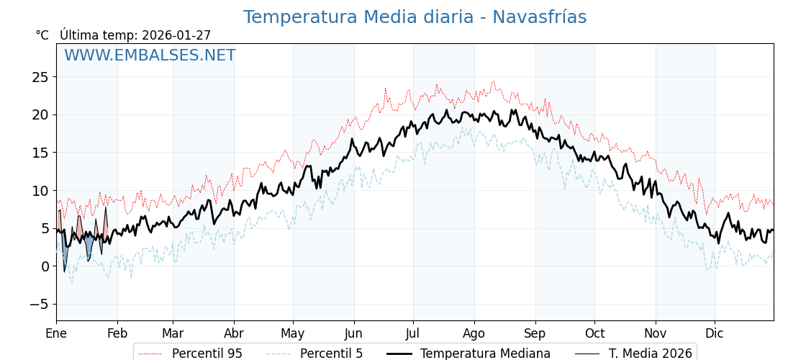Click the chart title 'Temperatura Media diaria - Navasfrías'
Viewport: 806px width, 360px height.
pyautogui.click(x=415, y=17)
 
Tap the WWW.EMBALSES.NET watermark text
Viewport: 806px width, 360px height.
pyautogui.click(x=150, y=55)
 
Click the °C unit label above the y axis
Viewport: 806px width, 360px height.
pyautogui.click(x=42, y=35)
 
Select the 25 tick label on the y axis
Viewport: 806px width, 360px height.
pyautogui.click(x=40, y=77)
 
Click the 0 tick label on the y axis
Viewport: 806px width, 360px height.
pyautogui.click(x=45, y=266)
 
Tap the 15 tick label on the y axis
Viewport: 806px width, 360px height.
pyautogui.click(x=40, y=153)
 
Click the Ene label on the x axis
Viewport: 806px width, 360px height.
pyautogui.click(x=56, y=333)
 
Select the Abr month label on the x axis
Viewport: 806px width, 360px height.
pyautogui.click(x=234, y=333)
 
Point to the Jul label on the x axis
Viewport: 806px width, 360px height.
pyautogui.click(x=413, y=333)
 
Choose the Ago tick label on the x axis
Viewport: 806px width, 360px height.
pyautogui.click(x=474, y=333)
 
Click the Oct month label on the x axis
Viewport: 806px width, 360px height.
pyautogui.click(x=594, y=333)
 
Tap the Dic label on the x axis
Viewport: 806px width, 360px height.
pyautogui.click(x=715, y=333)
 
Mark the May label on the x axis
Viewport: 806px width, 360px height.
pyautogui.click(x=293, y=333)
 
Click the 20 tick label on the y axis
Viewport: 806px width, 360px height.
pyautogui.click(x=40, y=114)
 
